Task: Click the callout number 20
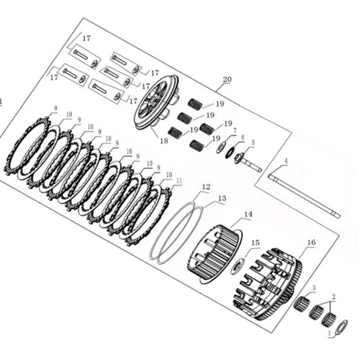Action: click(227, 79)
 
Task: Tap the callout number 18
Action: click(164, 141)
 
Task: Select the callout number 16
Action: click(311, 242)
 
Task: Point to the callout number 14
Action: click(248, 214)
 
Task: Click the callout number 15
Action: click(255, 243)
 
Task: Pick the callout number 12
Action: click(206, 187)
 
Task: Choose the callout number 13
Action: click(222, 198)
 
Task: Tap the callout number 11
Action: click(179, 181)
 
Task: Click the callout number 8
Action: click(56, 108)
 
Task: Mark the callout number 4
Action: click(286, 161)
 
